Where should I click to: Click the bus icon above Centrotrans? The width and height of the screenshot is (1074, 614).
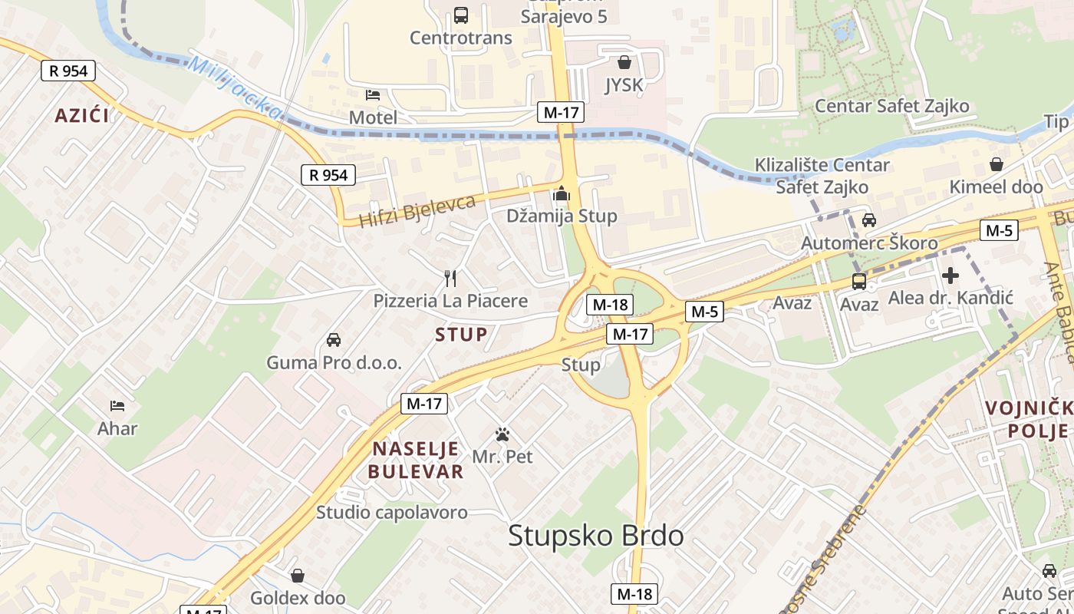(x=461, y=15)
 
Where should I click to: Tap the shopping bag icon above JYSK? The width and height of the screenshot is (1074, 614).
(x=624, y=62)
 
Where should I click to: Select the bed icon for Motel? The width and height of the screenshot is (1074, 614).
(x=373, y=95)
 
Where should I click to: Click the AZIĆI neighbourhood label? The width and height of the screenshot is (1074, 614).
(x=81, y=116)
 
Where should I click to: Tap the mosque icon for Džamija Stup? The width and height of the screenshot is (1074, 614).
(x=562, y=193)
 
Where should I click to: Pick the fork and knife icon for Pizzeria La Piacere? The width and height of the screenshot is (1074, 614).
(x=450, y=278)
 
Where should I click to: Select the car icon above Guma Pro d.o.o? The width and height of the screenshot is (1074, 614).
(x=334, y=339)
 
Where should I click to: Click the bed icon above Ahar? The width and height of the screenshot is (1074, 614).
(x=117, y=405)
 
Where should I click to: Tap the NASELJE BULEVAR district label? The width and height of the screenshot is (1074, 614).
(x=416, y=460)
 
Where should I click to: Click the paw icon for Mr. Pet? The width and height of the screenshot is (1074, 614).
(x=502, y=434)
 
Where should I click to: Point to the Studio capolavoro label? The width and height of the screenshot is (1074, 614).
(x=392, y=512)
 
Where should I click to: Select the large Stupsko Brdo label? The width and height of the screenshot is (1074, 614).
(x=596, y=536)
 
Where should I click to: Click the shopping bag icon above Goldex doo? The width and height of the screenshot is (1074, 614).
(x=298, y=575)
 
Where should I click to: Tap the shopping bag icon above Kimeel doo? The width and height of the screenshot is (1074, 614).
(x=997, y=164)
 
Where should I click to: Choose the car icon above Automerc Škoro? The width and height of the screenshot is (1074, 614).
(x=869, y=220)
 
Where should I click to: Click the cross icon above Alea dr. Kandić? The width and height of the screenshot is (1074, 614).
(x=950, y=275)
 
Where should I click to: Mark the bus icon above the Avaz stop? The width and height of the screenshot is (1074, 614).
(x=859, y=282)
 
